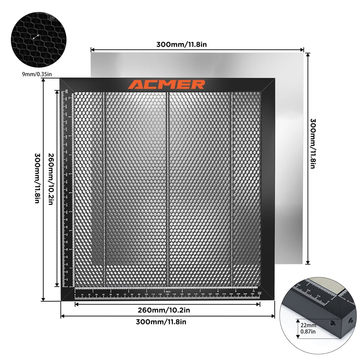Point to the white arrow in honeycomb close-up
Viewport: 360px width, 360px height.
pyautogui.click(x=36, y=36)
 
